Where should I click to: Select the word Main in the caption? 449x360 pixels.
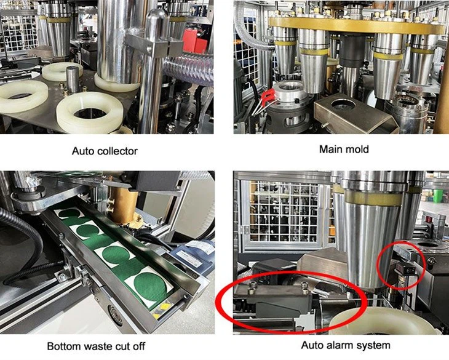330,149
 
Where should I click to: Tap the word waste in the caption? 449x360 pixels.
107,346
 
